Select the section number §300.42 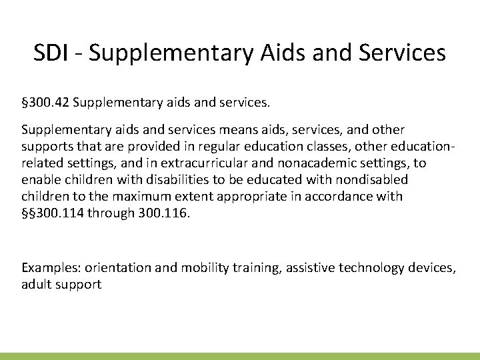[47, 104]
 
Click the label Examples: [49, 267]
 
